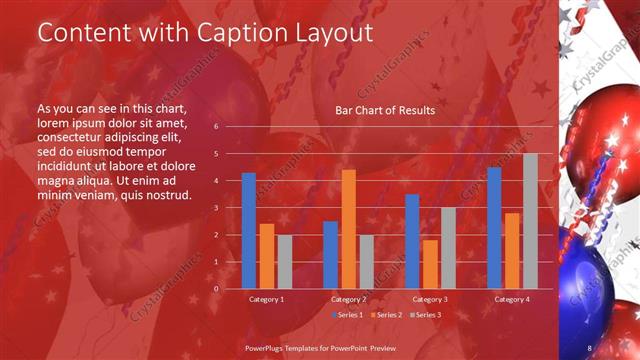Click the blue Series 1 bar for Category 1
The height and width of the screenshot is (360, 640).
(x=248, y=230)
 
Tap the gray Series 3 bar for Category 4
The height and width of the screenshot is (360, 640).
(x=530, y=221)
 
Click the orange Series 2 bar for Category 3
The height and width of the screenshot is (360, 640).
(x=430, y=264)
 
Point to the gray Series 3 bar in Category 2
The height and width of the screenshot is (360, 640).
(x=366, y=262)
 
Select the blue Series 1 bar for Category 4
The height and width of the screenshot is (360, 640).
(x=494, y=228)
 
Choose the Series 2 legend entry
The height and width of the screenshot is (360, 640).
(x=385, y=315)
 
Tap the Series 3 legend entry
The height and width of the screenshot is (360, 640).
(x=424, y=315)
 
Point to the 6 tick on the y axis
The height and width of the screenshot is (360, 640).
(x=217, y=127)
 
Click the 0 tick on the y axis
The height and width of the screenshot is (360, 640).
(x=217, y=289)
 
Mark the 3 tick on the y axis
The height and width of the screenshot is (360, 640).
(x=217, y=208)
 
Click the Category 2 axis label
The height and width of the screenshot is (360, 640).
(x=348, y=299)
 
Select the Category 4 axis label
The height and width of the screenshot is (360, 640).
(x=512, y=299)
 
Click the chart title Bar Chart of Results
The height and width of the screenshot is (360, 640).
(x=385, y=110)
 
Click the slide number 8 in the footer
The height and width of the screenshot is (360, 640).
(x=589, y=348)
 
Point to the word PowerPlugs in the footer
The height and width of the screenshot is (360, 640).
(x=267, y=348)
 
